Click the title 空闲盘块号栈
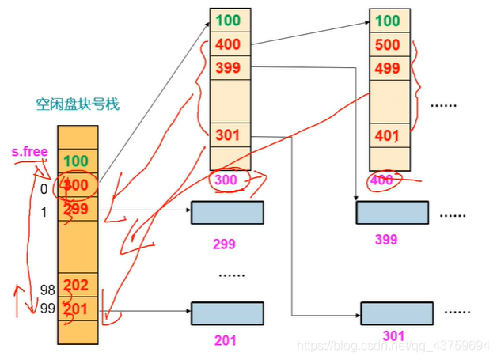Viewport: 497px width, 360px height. tap(77, 104)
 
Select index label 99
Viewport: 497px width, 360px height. tap(47, 309)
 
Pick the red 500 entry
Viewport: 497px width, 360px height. tap(388, 44)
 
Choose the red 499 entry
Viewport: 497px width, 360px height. tap(388, 68)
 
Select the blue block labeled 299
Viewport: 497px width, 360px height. tap(227, 212)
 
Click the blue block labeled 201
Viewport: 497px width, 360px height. tap(227, 313)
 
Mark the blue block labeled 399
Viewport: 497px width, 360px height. tap(392, 212)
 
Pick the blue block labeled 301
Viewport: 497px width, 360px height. tap(396, 313)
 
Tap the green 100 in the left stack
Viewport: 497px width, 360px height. tap(76, 161)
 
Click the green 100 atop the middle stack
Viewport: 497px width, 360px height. tap(228, 20)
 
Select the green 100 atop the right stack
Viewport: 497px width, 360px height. tap(388, 21)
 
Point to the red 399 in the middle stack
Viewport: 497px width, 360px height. tap(228, 67)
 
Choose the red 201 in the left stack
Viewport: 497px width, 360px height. tap(76, 308)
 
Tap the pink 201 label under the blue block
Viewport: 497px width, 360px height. tap(226, 341)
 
